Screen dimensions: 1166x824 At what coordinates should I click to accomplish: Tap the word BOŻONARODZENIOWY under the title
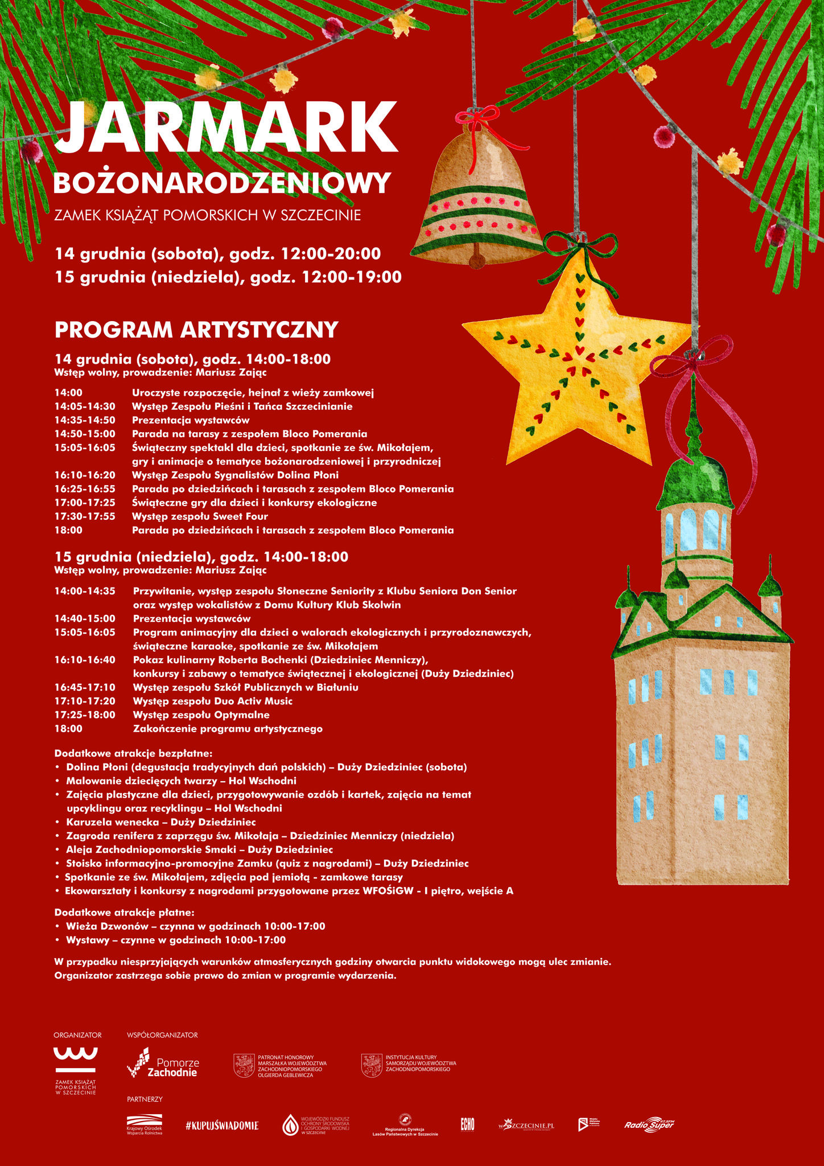click(x=222, y=183)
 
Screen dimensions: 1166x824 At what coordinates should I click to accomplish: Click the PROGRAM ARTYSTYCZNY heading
click(x=196, y=330)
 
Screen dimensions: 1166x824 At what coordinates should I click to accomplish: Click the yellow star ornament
click(x=578, y=364)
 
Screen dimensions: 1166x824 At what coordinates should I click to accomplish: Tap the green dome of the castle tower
click(x=693, y=481)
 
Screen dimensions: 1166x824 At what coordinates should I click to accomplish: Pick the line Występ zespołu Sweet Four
click(x=200, y=516)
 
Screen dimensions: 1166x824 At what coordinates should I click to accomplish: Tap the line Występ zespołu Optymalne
click(x=201, y=715)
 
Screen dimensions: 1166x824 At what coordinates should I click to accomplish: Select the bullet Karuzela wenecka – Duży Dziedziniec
click(x=160, y=822)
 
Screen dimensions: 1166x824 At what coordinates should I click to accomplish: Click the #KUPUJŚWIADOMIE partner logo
click(x=221, y=1125)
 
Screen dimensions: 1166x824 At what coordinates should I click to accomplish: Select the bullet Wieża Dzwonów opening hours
click(x=195, y=926)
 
